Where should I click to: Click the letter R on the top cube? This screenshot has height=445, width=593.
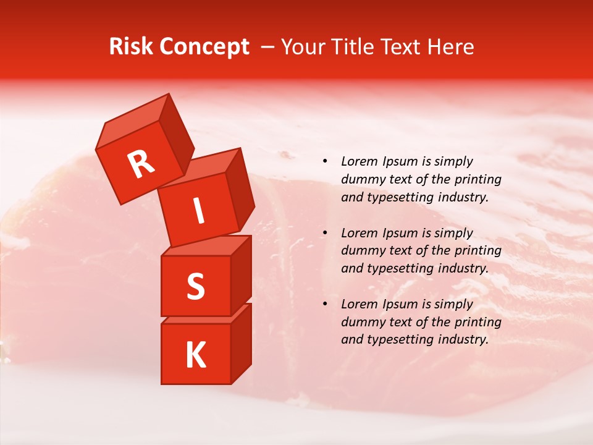pyautogui.click(x=141, y=164)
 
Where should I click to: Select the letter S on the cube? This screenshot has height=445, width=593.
pyautogui.click(x=195, y=286)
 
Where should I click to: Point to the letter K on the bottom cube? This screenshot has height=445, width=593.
pyautogui.click(x=195, y=355)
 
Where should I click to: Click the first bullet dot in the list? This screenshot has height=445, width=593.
pyautogui.click(x=325, y=162)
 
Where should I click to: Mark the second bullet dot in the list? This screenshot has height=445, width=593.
pyautogui.click(x=325, y=233)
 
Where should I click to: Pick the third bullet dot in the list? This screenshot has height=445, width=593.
pyautogui.click(x=325, y=304)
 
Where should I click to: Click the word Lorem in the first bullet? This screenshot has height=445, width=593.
pyautogui.click(x=358, y=161)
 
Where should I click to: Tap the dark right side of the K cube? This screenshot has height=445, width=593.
pyautogui.click(x=241, y=343)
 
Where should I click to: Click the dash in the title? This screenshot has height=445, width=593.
pyautogui.click(x=268, y=47)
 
